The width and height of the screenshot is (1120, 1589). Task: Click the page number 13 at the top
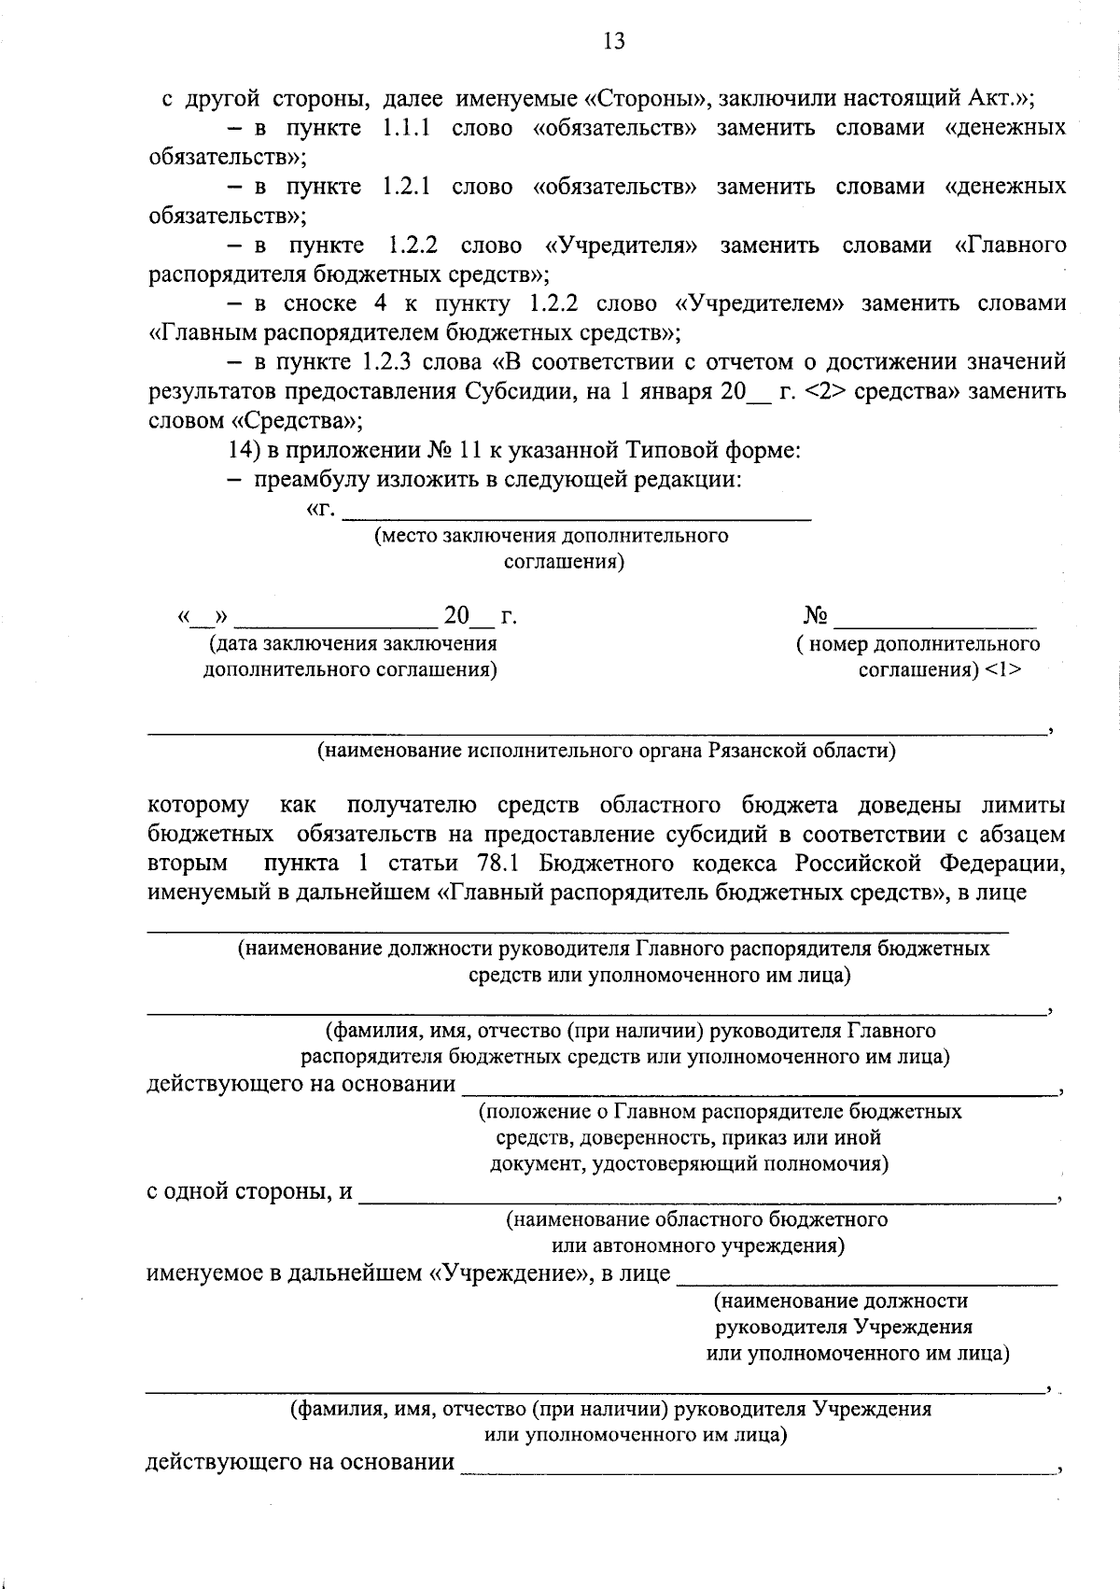[614, 42]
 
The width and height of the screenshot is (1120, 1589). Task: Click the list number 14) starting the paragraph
[245, 450]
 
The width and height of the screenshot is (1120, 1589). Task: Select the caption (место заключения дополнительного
[551, 536]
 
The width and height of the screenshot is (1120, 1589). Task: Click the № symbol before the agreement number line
[816, 617]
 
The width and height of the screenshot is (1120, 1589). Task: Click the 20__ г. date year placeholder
[480, 617]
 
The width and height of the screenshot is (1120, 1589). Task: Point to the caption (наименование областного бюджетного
[696, 1219]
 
